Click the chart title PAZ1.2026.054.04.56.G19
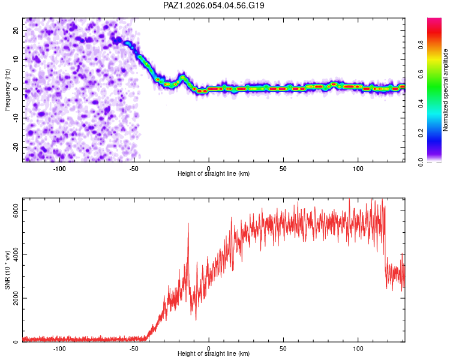tap(214, 5)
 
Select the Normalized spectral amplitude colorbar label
tap(446, 90)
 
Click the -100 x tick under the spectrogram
tap(59, 169)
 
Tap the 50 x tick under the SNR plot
tap(283, 349)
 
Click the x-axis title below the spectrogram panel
tap(214, 174)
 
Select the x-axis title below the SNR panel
tap(214, 354)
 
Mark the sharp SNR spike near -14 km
tap(188, 224)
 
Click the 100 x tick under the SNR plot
tap(358, 349)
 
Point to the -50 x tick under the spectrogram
tap(134, 169)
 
